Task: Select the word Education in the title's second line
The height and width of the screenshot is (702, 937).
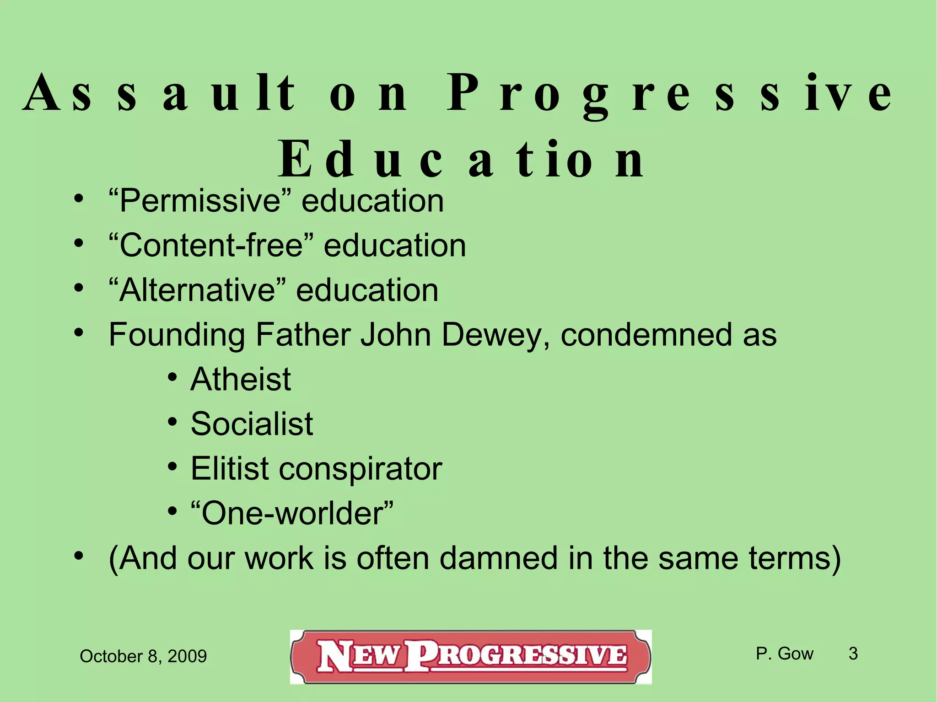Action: point(462,160)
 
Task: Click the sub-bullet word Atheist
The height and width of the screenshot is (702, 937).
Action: point(241,380)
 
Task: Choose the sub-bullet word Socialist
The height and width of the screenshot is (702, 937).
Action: point(252,424)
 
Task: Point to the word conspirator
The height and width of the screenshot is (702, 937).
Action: point(361,469)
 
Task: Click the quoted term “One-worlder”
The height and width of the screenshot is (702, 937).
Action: point(292,514)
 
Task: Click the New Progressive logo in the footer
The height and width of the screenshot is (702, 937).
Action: point(471,657)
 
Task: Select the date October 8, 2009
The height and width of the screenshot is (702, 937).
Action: point(143,657)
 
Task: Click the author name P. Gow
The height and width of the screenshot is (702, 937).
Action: point(784,654)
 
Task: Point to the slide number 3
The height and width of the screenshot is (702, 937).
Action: point(853,654)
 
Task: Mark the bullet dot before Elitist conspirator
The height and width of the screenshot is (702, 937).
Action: point(172,467)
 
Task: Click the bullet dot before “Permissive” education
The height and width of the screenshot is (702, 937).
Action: point(79,199)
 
